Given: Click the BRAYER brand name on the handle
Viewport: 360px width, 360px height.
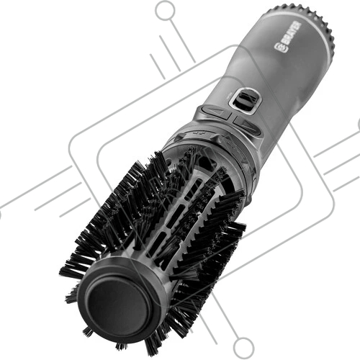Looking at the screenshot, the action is click(x=291, y=33).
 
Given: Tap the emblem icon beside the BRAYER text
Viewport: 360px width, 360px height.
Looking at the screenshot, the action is click(x=279, y=47).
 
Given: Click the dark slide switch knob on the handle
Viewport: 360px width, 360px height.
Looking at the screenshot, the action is click(x=243, y=98).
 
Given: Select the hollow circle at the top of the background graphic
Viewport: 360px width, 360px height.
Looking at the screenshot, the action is click(x=165, y=10).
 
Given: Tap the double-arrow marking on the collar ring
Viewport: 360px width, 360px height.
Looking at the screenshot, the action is click(x=199, y=132).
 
